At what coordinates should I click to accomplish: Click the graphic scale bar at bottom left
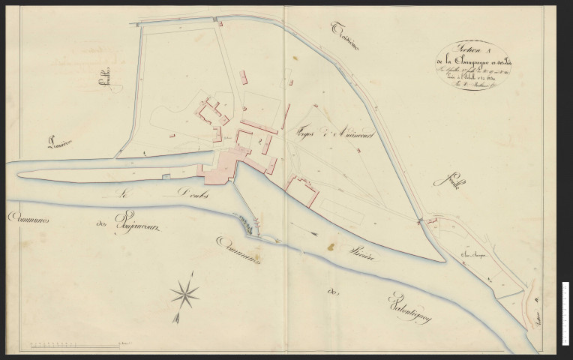tap(75, 343)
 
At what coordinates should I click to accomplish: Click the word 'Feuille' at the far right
tap(452, 182)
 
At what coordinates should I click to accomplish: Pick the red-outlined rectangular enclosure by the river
tap(302, 190)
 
